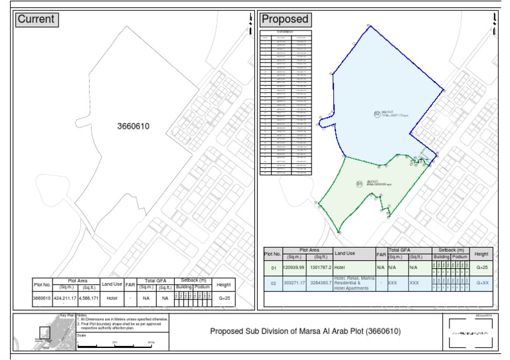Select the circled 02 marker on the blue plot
pyautogui.click(x=377, y=114)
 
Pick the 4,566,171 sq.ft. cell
pyautogui.click(x=88, y=298)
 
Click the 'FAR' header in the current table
pyautogui.click(x=131, y=284)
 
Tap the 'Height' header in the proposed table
pyautogui.click(x=481, y=253)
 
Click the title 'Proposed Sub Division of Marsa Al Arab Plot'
pyautogui.click(x=305, y=331)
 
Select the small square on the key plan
pyautogui.click(x=45, y=331)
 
